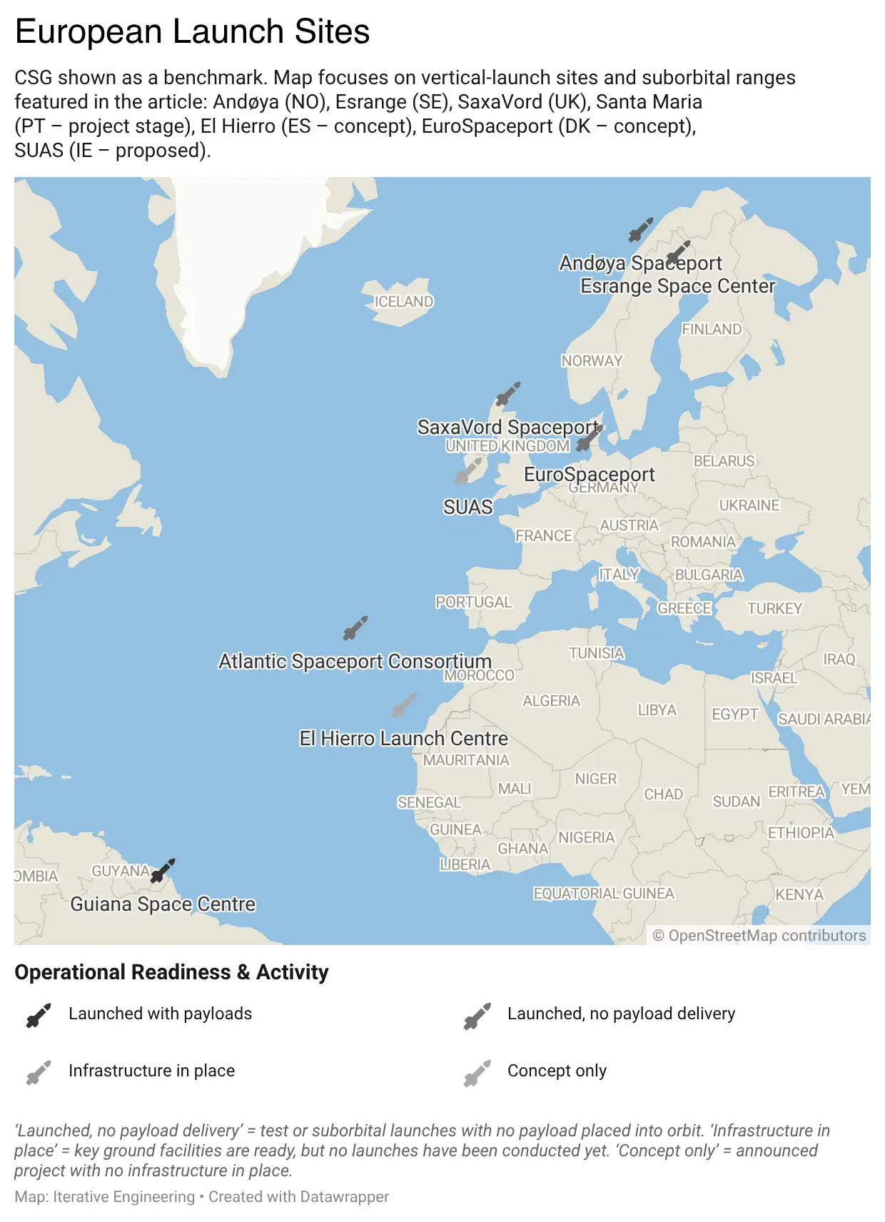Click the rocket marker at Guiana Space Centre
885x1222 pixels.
[x=163, y=871]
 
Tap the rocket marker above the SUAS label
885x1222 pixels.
[x=468, y=471]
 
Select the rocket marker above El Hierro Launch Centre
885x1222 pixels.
[x=404, y=705]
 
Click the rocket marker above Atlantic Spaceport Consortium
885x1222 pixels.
[x=355, y=628]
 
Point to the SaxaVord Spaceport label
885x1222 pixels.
[x=507, y=427]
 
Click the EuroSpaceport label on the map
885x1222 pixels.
[x=589, y=474]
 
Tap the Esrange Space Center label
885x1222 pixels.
[x=677, y=286]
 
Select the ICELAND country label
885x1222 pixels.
[x=404, y=302]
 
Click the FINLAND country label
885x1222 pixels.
[x=712, y=329]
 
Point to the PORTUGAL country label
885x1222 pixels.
[x=474, y=602]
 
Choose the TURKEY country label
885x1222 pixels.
[x=774, y=609]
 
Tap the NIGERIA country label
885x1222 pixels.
[x=586, y=837]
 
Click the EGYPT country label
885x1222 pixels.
[x=734, y=714]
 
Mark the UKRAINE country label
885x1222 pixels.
[x=749, y=505]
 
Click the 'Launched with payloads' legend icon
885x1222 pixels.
[x=39, y=1015]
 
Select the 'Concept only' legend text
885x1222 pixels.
[x=557, y=1071]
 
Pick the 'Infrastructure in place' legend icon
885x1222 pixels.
[x=39, y=1072]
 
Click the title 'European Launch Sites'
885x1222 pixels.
[x=193, y=32]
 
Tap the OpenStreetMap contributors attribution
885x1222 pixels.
[x=759, y=936]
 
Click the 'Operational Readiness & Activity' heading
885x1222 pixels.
[x=171, y=972]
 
